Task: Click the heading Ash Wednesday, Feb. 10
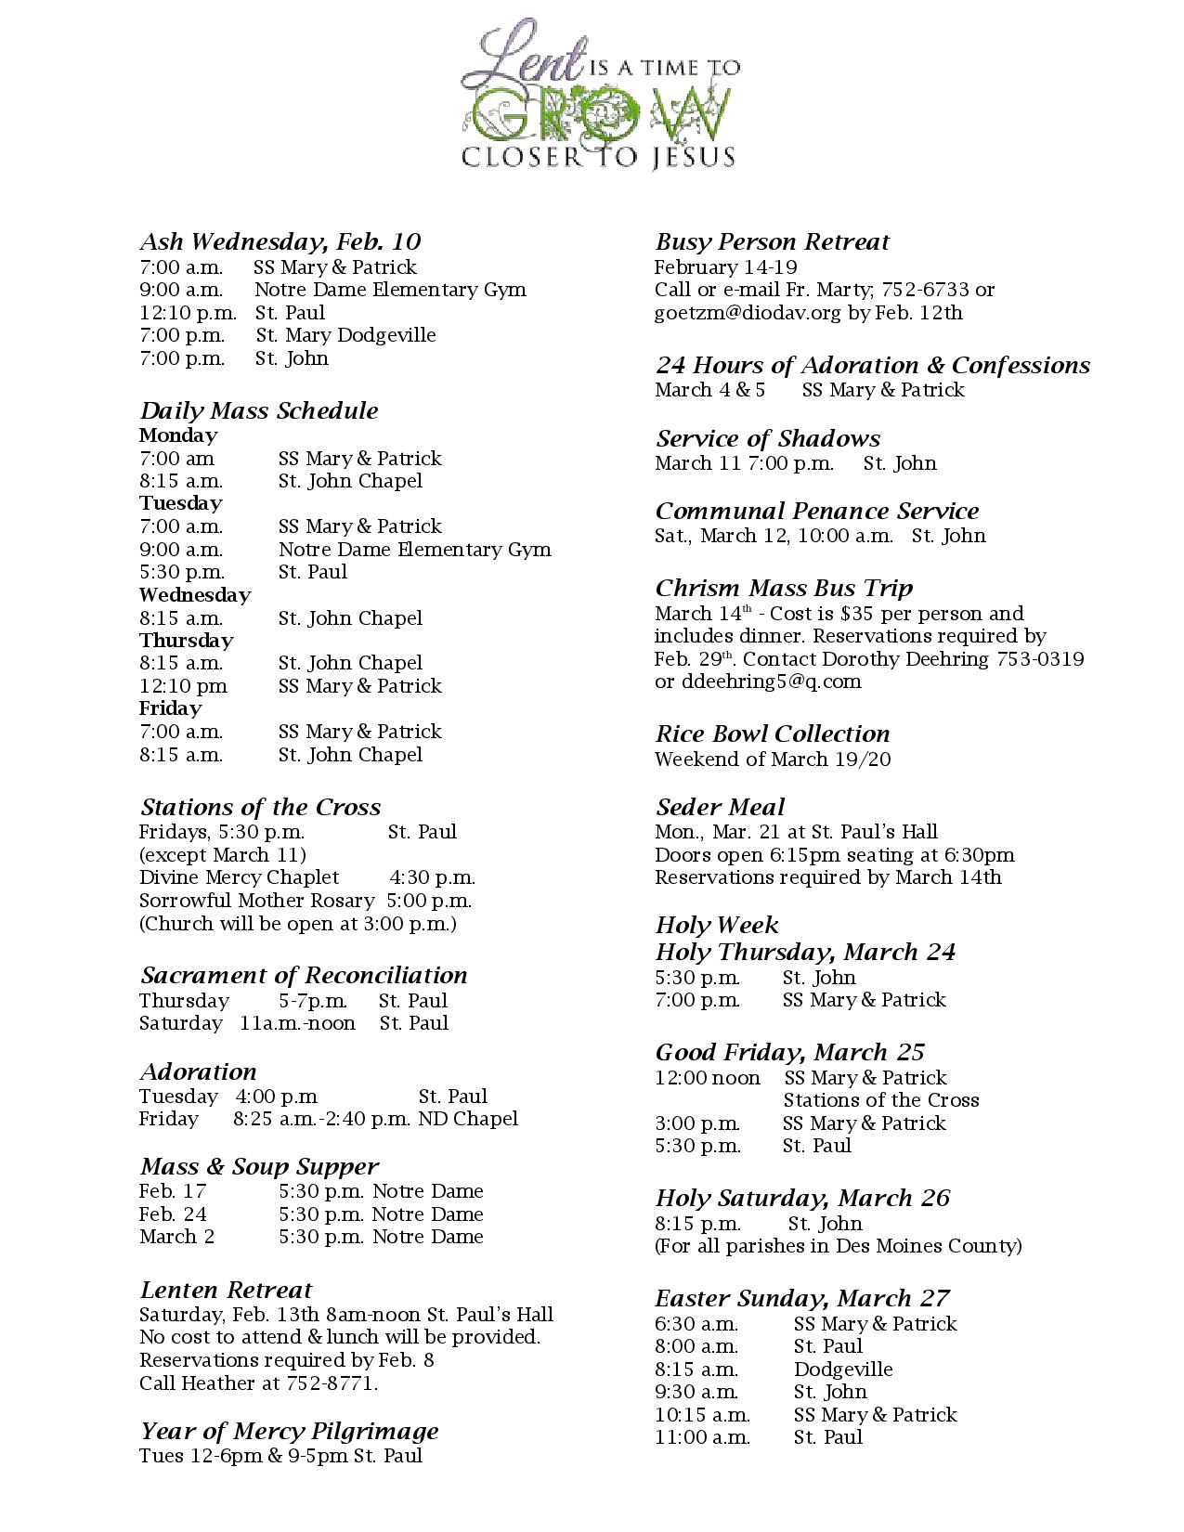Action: point(280,242)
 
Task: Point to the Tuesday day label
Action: point(181,503)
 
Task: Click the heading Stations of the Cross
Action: point(260,808)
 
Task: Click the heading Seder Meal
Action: point(720,808)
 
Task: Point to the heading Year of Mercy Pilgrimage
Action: point(289,1432)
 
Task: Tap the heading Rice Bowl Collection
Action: point(773,734)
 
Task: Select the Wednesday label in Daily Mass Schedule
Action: point(195,595)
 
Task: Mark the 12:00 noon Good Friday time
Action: point(708,1078)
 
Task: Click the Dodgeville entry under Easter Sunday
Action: point(843,1370)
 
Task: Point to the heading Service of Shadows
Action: point(768,439)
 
